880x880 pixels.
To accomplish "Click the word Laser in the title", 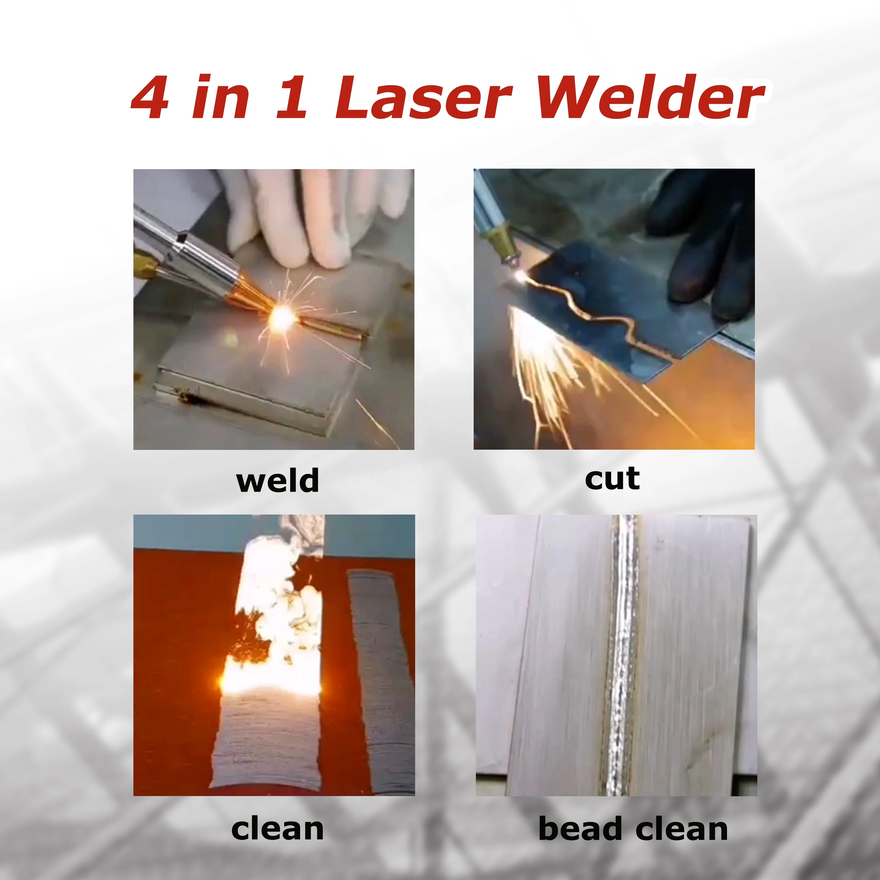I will pos(424,98).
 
